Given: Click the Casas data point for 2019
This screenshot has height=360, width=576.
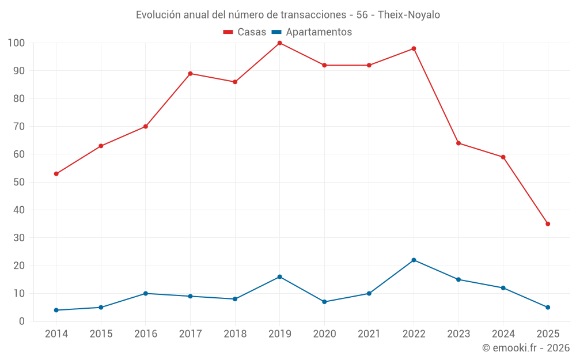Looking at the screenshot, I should pos(279,43).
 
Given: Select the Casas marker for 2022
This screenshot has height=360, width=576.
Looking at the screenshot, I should pos(414,48).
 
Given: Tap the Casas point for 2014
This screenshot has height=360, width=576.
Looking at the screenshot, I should pos(56,174).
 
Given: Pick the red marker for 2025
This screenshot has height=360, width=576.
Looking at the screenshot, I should pos(548,224).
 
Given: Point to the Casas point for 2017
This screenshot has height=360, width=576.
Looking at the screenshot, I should pos(190,74).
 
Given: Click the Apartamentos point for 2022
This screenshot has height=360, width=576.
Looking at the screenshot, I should pos(414,260).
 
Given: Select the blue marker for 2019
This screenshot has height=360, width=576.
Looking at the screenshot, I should pos(279,277).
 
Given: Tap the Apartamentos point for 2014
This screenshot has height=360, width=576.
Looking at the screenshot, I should pos(56,310).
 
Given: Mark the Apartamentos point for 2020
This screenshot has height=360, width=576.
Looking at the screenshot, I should pos(324,302).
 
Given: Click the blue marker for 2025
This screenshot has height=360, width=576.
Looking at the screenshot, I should pos(548,308).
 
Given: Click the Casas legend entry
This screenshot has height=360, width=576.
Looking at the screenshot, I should pos(245,32).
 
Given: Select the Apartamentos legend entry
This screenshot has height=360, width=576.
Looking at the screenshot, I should pos(312,32).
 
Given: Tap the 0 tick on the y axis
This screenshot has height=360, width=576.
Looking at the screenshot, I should pos(22,321).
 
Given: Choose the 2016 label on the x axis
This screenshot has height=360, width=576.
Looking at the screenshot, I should pos(145,334).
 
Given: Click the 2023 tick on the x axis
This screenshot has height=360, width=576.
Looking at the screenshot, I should pos(458,334).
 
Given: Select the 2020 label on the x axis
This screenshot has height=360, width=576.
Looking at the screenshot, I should pos(324,334).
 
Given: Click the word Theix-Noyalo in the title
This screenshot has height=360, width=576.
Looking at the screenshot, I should pos(409,15).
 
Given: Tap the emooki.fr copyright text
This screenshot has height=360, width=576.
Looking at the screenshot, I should pos(526,348).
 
